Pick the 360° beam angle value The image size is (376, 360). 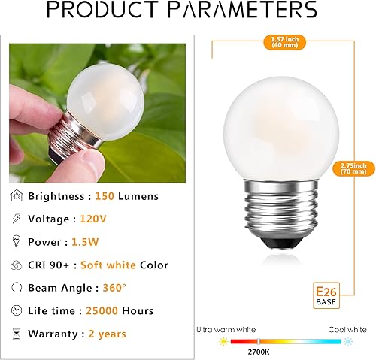click(x=134, y=288)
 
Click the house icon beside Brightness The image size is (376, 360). click(x=17, y=195)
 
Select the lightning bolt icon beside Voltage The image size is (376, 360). click(x=17, y=218)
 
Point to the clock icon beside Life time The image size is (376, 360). click(x=17, y=310)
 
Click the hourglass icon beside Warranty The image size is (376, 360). click(x=17, y=334)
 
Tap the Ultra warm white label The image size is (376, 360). click(x=236, y=329)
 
